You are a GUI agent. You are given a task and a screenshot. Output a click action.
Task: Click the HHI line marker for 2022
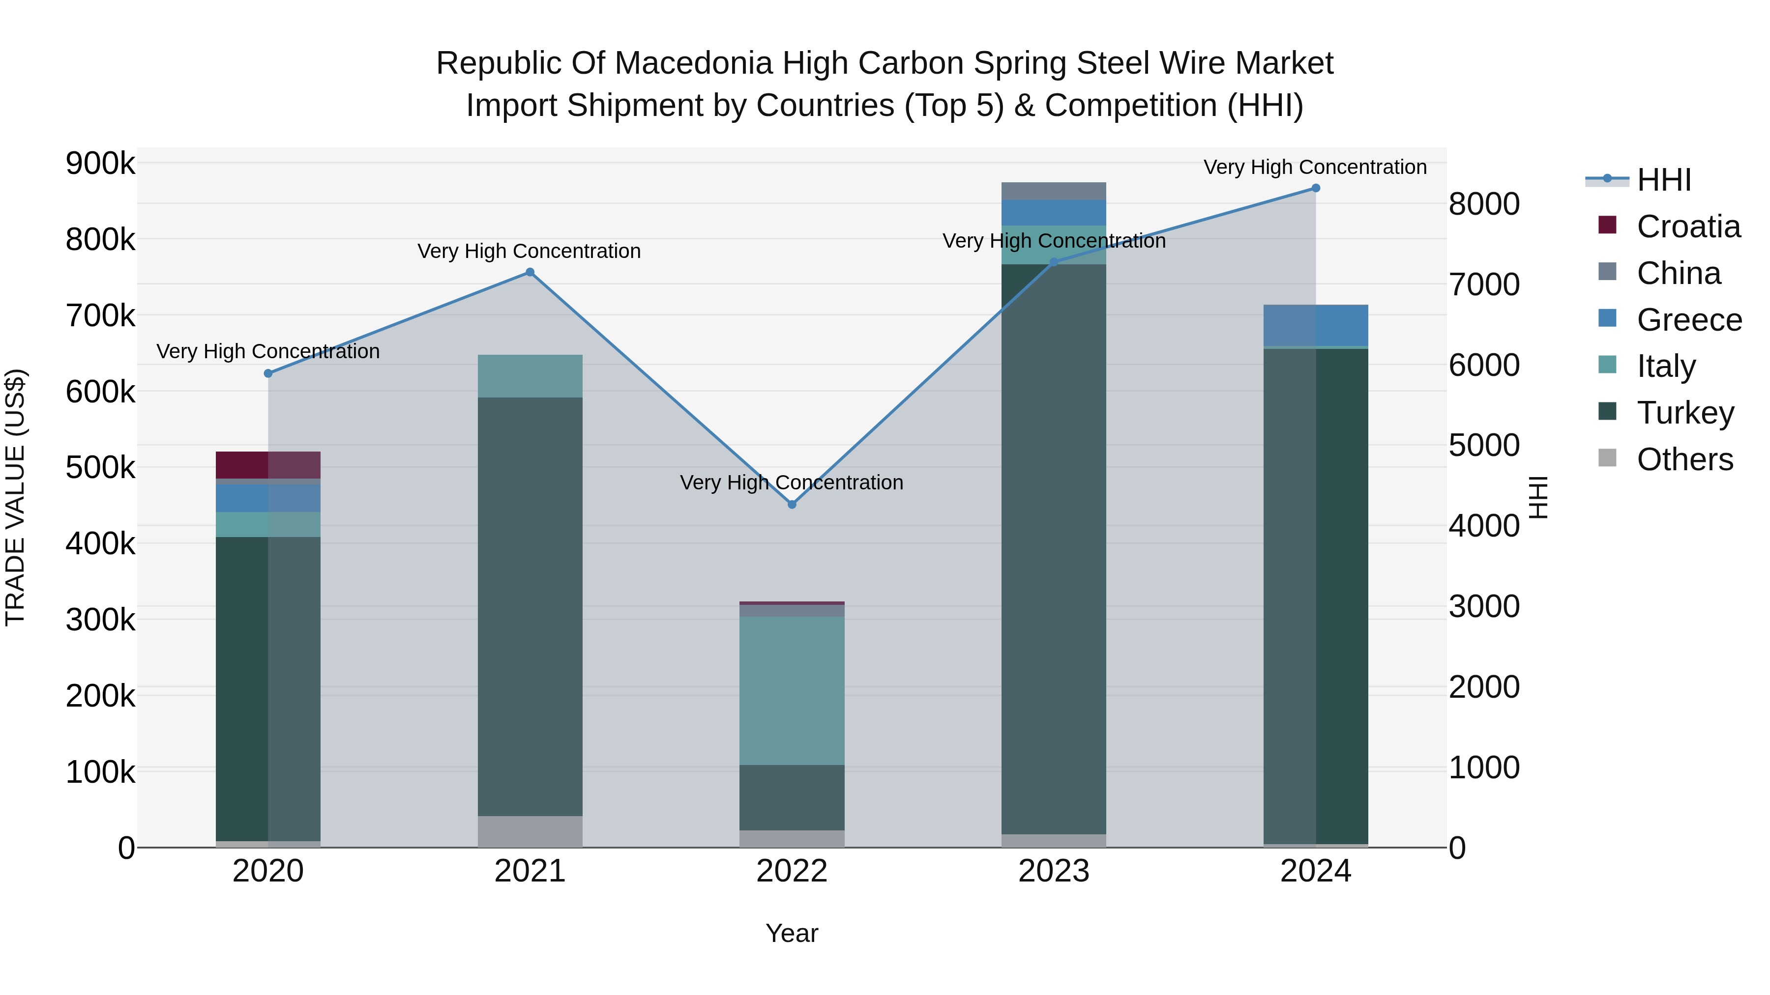click(792, 504)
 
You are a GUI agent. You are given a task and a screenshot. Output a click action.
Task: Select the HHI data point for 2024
click(1316, 188)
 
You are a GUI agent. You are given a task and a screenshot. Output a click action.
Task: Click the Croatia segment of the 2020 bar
click(268, 465)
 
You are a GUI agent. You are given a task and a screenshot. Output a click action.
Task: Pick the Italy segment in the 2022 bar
click(792, 690)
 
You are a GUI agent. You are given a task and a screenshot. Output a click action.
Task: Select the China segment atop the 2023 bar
click(1053, 191)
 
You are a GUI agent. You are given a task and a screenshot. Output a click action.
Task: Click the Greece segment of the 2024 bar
click(1316, 325)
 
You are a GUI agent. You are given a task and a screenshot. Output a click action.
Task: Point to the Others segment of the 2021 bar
click(530, 831)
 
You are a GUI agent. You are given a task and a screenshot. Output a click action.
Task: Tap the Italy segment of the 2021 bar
click(530, 375)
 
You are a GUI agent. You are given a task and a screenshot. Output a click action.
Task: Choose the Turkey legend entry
click(1685, 413)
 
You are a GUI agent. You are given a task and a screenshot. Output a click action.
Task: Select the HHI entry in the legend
click(1663, 180)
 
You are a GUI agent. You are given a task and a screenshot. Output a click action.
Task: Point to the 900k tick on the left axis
click(100, 164)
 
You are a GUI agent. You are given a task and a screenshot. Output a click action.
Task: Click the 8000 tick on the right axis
click(1484, 204)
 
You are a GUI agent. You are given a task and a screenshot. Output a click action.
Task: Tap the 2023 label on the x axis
click(1053, 871)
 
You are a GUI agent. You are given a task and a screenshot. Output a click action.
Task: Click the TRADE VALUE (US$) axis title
click(15, 497)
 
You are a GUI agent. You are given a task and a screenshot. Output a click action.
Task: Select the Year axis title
click(792, 933)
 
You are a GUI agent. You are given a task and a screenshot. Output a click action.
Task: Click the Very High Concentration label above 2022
click(792, 483)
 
